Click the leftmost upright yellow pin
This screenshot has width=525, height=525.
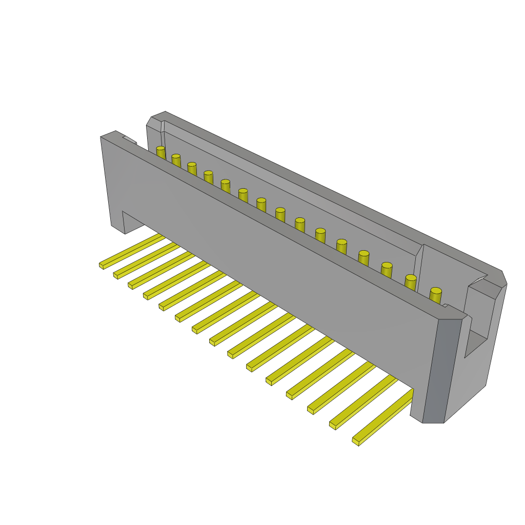[161, 153]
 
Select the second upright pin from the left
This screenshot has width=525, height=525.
[176, 160]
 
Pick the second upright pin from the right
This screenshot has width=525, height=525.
[411, 282]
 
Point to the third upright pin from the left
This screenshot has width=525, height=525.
[192, 169]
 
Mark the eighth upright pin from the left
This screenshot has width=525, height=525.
[280, 214]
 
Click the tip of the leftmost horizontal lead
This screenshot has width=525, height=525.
[102, 266]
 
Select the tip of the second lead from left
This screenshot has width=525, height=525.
[116, 275]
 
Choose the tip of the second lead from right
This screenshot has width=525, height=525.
[333, 425]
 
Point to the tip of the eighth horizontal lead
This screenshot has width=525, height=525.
[212, 341]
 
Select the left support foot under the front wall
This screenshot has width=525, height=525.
[118, 226]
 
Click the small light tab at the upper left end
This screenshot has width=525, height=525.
[130, 139]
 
